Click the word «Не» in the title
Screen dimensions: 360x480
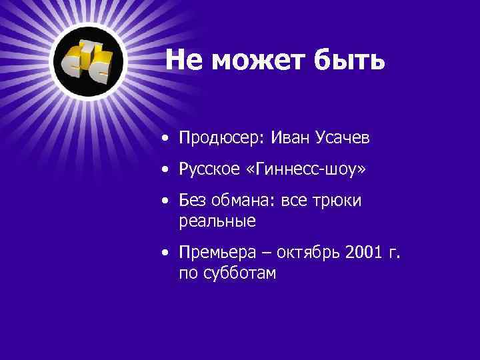(181, 60)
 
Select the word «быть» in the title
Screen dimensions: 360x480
(348, 60)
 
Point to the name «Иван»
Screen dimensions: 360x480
(289, 138)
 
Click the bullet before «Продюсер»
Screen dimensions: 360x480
(164, 139)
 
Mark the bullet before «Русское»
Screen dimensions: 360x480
(164, 171)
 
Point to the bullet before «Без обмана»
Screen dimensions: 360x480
(164, 202)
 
